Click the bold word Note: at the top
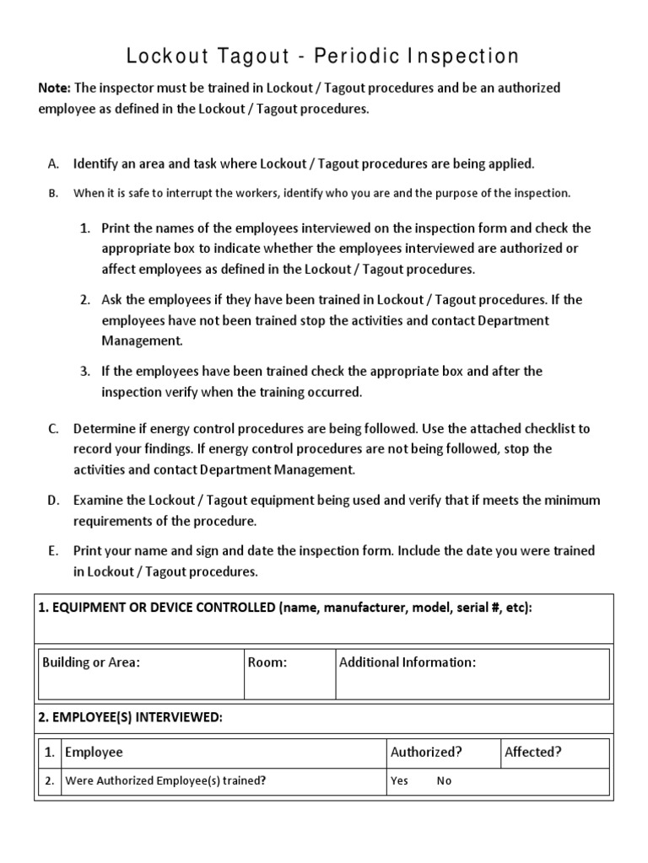point(55,88)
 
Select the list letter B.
point(53,193)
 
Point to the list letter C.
point(53,429)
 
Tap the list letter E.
point(53,550)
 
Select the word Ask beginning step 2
point(112,299)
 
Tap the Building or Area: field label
point(91,662)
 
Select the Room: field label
point(267,662)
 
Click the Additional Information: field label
point(408,662)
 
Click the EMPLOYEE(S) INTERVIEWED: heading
point(131,717)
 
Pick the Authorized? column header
point(426,752)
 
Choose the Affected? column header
point(533,752)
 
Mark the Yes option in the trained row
point(399,780)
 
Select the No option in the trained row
point(444,780)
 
